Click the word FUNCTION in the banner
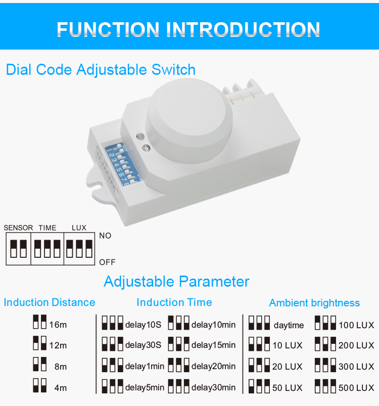click(108, 29)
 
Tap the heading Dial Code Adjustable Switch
click(101, 70)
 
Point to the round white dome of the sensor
click(188, 121)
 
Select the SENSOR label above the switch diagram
click(18, 228)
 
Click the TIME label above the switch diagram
click(48, 228)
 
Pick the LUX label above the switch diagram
click(79, 228)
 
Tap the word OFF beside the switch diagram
click(107, 262)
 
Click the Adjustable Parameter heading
click(176, 282)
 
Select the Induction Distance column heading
click(50, 302)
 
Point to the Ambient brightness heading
click(314, 303)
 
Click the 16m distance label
click(58, 325)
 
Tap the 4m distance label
click(61, 388)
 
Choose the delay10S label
click(143, 325)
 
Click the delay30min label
click(213, 388)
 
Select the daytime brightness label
click(289, 325)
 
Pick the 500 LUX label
click(356, 388)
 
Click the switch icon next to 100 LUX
click(325, 323)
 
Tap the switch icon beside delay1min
click(112, 365)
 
